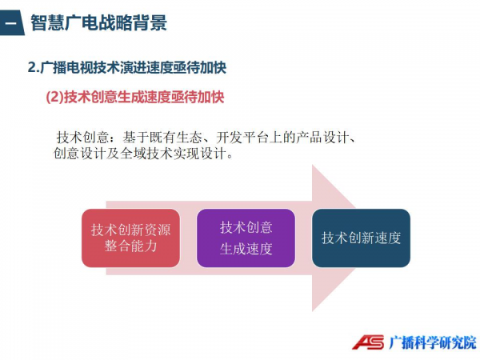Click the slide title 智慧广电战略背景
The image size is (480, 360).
coord(98,22)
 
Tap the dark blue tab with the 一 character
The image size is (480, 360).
coord(12,22)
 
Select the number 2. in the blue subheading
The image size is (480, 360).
coord(34,68)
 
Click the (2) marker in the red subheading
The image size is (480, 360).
coord(54,97)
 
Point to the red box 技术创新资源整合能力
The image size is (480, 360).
coord(130,238)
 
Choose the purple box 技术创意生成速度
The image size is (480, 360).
coord(246,238)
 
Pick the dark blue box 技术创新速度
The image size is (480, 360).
coord(361,238)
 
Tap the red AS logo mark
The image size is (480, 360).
coord(368,342)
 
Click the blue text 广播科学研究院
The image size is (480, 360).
coord(433,342)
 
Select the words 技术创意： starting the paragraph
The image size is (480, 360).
coord(86,138)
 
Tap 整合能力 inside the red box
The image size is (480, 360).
coord(130,246)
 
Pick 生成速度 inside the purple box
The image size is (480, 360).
coord(246,249)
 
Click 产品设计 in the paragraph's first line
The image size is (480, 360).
coord(322,138)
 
